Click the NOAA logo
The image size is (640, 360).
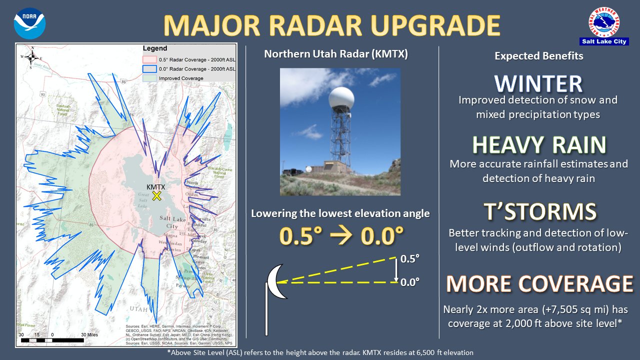point(29,23)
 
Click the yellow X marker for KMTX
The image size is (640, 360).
point(156,195)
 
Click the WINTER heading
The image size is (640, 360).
point(538,84)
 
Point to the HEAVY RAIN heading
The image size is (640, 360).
point(539,145)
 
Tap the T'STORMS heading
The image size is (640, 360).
point(539,211)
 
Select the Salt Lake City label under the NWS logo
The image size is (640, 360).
point(610,41)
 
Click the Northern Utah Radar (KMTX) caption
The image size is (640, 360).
point(335,54)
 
